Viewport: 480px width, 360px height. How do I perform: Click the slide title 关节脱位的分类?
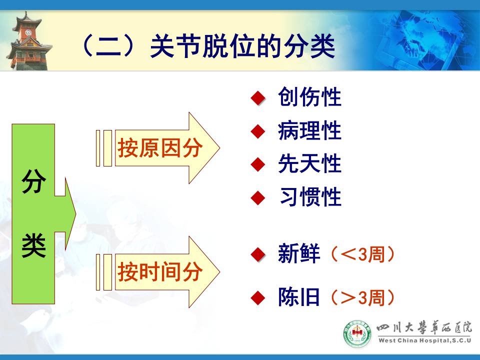pyautogui.click(x=242, y=46)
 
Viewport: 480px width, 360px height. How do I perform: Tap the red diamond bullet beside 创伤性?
pyautogui.click(x=258, y=98)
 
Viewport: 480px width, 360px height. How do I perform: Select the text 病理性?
pyautogui.click(x=309, y=130)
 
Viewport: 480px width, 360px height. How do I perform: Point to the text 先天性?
pyautogui.click(x=309, y=163)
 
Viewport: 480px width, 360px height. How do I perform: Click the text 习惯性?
pyautogui.click(x=310, y=197)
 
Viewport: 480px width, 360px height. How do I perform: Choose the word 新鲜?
pyautogui.click(x=299, y=253)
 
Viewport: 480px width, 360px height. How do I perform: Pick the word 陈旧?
pyautogui.click(x=299, y=296)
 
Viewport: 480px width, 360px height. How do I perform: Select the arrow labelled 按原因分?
pyautogui.click(x=167, y=148)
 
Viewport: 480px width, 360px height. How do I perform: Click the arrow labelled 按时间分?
pyautogui.click(x=167, y=272)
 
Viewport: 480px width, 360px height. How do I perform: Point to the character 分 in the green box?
pyautogui.click(x=33, y=181)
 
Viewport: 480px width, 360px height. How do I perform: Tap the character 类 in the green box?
pyautogui.click(x=33, y=245)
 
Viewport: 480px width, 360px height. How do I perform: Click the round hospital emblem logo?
pyautogui.click(x=357, y=333)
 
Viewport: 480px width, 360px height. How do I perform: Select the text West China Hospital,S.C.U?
pyautogui.click(x=424, y=340)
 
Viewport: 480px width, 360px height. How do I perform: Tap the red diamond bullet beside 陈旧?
pyautogui.click(x=258, y=297)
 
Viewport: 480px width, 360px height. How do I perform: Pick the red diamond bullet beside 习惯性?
pyautogui.click(x=258, y=197)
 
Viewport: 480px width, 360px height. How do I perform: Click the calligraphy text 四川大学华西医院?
pyautogui.click(x=424, y=328)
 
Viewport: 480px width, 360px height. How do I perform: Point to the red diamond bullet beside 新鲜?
pyautogui.click(x=258, y=254)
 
